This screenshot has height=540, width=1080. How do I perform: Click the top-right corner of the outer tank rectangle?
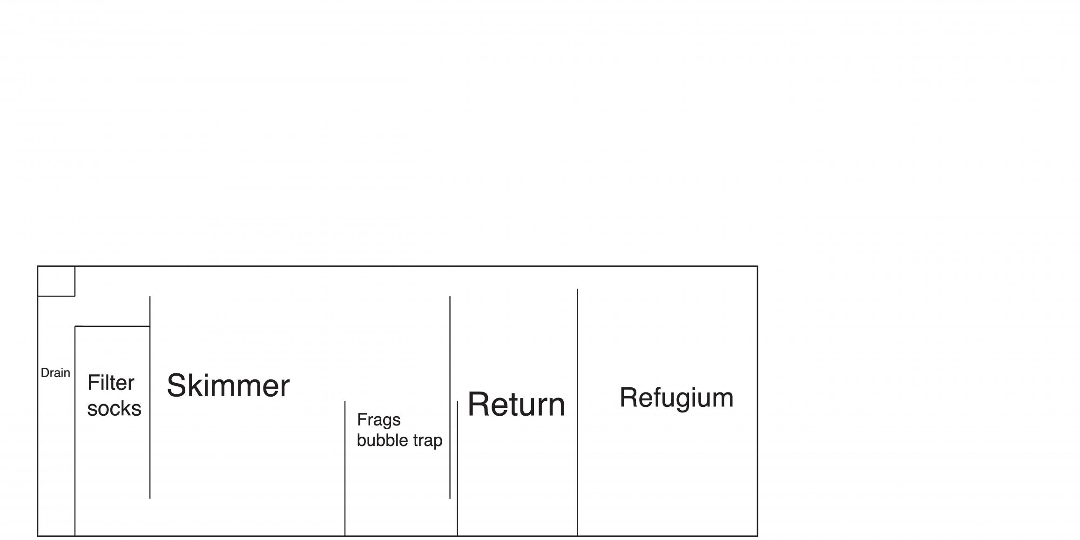tap(757, 266)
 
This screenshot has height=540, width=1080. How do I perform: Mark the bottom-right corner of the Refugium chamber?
tap(757, 536)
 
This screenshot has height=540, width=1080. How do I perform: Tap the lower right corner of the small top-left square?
tap(75, 296)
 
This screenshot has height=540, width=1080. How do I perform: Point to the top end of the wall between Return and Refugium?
tap(578, 289)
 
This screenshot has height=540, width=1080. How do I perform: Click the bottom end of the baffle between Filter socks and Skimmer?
tap(150, 499)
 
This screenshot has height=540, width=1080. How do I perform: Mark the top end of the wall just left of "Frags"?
tap(345, 401)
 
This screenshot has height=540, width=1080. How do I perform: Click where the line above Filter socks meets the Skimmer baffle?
tap(150, 326)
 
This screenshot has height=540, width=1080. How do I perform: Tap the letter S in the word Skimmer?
tap(177, 385)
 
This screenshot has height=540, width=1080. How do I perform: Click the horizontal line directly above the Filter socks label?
tap(112, 326)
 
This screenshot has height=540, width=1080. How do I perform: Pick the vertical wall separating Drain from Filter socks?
tap(75, 431)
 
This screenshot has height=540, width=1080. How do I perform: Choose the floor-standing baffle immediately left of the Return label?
tap(458, 468)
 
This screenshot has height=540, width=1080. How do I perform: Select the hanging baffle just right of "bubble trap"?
tap(450, 398)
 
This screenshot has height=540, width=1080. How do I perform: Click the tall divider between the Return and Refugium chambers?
tap(578, 412)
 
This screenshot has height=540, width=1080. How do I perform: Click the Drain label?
tap(55, 373)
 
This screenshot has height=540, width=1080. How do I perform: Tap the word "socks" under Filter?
tap(114, 409)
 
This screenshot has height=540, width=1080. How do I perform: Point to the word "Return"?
tap(516, 404)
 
